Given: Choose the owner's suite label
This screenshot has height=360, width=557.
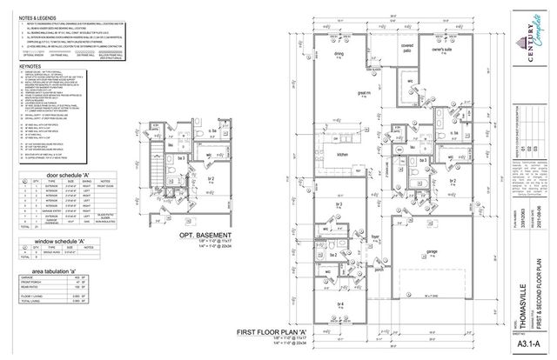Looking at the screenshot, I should [422, 51].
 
